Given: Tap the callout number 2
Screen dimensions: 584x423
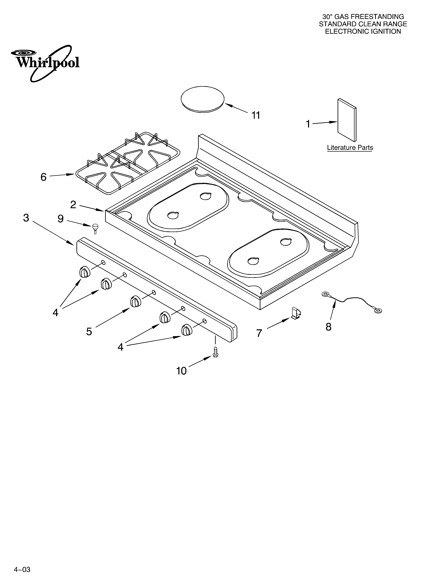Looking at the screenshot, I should pyautogui.click(x=73, y=205).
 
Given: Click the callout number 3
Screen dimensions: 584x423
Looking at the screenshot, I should pyautogui.click(x=26, y=218).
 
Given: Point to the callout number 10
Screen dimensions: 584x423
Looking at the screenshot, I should pyautogui.click(x=181, y=371).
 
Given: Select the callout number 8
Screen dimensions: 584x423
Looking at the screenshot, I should pyautogui.click(x=328, y=327).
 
